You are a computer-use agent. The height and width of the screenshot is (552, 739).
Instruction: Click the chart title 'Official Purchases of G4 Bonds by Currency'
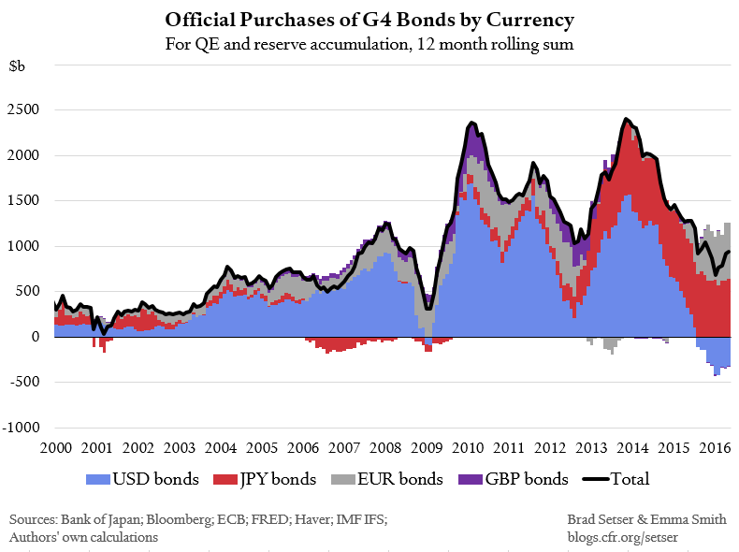[369, 19]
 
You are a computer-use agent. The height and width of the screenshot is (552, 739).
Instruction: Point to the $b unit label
[18, 67]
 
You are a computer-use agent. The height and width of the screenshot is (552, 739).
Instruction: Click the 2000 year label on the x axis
[53, 448]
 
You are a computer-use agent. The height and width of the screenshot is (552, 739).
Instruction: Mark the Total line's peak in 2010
[471, 123]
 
